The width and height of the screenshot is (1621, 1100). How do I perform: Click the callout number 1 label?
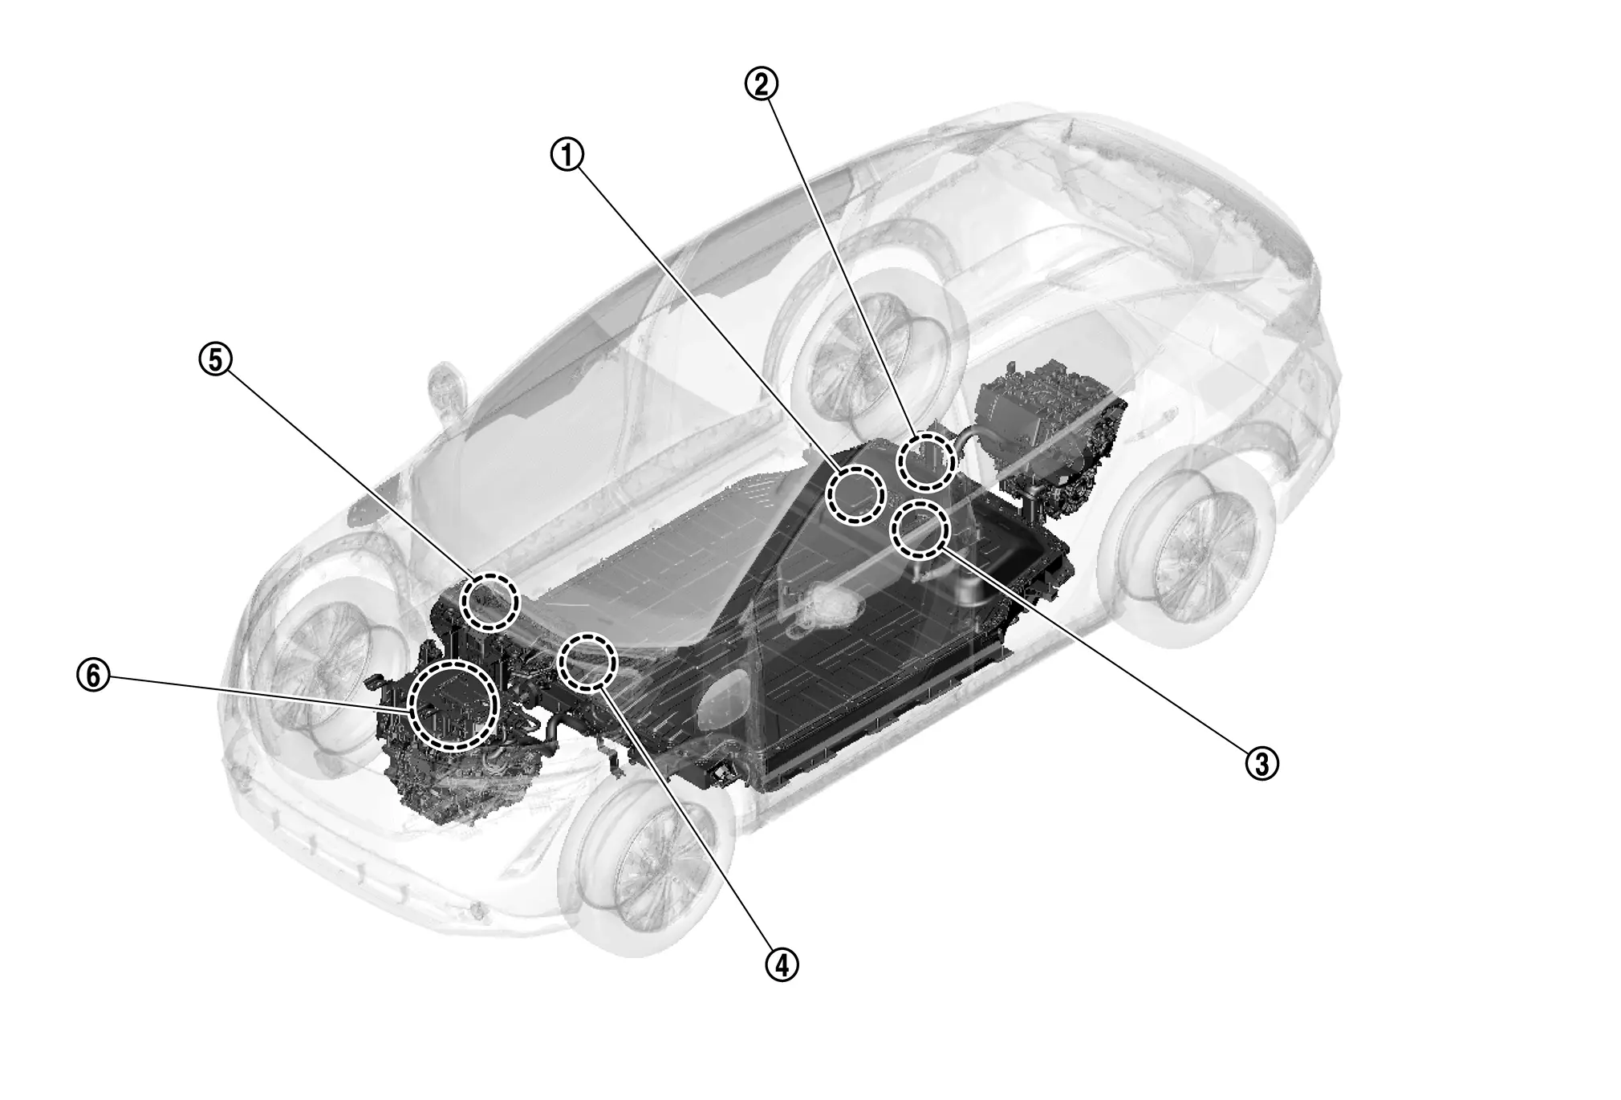567,154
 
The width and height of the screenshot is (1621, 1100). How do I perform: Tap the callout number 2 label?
762,83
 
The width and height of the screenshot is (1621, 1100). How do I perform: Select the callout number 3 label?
1261,762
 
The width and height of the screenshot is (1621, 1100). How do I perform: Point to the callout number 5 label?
215,359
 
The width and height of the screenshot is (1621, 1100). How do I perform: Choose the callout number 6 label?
93,676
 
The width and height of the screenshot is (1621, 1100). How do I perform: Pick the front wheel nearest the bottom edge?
646,863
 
